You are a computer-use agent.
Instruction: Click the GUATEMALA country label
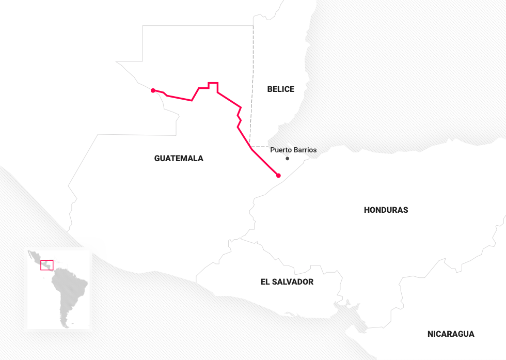(179, 159)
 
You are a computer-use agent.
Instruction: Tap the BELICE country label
(280, 89)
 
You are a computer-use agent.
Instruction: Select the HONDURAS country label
(386, 210)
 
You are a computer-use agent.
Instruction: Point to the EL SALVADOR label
(287, 282)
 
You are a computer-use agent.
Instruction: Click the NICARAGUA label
(450, 334)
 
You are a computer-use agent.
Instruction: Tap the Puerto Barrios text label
(293, 150)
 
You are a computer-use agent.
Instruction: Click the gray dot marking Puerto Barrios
(288, 159)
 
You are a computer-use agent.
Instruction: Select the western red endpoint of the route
(153, 90)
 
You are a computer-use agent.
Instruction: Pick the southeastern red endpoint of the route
(278, 176)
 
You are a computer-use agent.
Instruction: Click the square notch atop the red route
(213, 83)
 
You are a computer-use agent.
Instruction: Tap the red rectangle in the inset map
(47, 265)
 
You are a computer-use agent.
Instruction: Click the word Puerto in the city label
(281, 150)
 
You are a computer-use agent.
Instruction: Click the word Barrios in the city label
(305, 150)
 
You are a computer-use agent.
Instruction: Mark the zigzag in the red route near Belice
(239, 116)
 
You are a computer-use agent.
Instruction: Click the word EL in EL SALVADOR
(265, 282)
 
